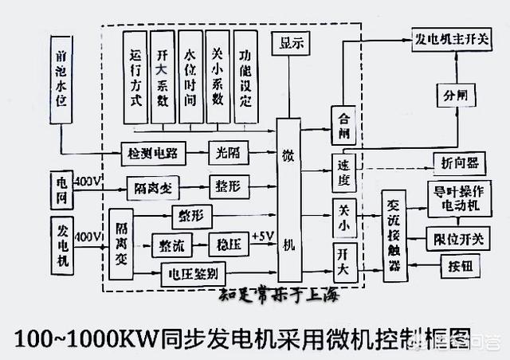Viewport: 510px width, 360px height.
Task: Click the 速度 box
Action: (x=345, y=173)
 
